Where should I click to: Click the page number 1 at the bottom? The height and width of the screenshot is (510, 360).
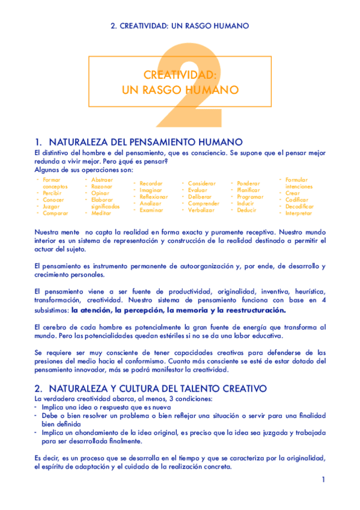(x=323, y=479)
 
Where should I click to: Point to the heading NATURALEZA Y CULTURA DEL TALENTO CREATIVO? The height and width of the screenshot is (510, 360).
(x=150, y=389)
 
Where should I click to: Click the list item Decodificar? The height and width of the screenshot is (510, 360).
(x=299, y=206)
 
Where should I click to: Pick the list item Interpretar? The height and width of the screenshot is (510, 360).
(x=299, y=213)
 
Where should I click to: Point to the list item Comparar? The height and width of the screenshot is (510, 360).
(x=55, y=213)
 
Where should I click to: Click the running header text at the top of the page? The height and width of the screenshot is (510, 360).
(x=180, y=26)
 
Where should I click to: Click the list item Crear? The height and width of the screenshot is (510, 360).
(x=293, y=193)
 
